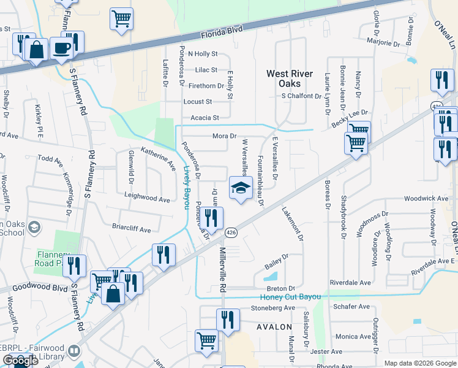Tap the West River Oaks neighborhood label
(x=292, y=79)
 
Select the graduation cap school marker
(x=241, y=188)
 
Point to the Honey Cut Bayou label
(x=287, y=297)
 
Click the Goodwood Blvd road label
(x=32, y=288)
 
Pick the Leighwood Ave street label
(x=147, y=199)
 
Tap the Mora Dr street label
(x=224, y=136)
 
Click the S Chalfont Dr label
(x=301, y=96)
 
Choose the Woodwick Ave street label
(x=427, y=199)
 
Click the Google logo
(x=20, y=360)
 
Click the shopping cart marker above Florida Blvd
(x=121, y=19)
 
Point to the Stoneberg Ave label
(x=273, y=308)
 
